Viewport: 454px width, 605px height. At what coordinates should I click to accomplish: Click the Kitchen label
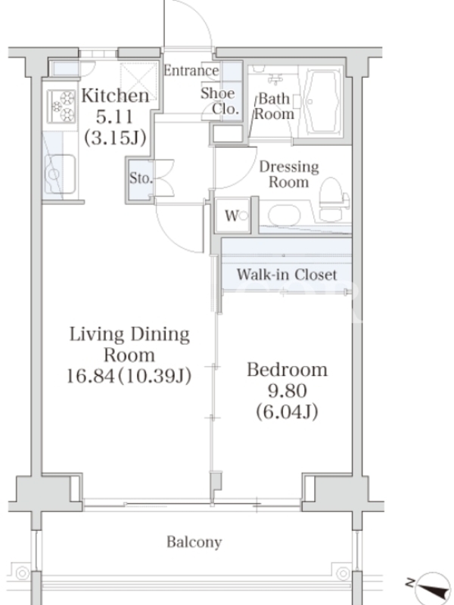point(115,97)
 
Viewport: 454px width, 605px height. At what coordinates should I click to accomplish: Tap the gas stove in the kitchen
point(61,106)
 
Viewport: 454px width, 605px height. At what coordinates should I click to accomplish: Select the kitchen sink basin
point(60,174)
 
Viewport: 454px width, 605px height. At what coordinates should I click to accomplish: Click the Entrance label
point(191,70)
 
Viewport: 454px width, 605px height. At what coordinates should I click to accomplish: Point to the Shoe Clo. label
point(219,101)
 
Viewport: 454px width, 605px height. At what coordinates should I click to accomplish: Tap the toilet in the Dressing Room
point(334,200)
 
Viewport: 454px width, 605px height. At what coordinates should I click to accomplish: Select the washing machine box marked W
point(232,216)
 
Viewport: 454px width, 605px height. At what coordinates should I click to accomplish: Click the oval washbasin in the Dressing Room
point(285,216)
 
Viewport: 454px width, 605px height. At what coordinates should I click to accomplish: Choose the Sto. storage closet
point(140,178)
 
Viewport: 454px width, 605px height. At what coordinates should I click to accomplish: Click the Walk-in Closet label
point(287,275)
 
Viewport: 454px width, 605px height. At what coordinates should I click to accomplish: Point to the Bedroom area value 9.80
point(288,391)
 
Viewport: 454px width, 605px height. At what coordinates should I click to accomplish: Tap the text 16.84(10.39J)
point(129,376)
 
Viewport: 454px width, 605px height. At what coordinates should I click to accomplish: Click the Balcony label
point(194,542)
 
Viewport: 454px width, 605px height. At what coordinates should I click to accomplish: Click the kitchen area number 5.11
point(115,117)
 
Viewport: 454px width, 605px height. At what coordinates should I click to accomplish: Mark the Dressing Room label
point(289,175)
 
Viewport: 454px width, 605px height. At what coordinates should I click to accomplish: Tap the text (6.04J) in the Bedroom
point(288,412)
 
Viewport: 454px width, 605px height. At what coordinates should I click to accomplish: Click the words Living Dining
point(129,335)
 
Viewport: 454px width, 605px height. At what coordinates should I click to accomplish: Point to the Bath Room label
point(274,106)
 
